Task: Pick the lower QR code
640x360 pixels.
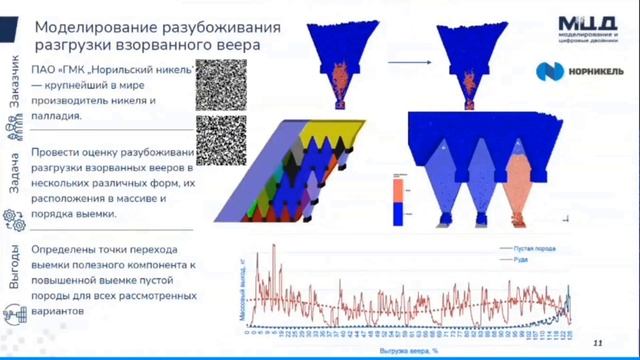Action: [x=221, y=140]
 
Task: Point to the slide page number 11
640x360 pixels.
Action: [x=597, y=342]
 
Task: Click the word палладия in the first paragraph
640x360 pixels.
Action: [x=58, y=117]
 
